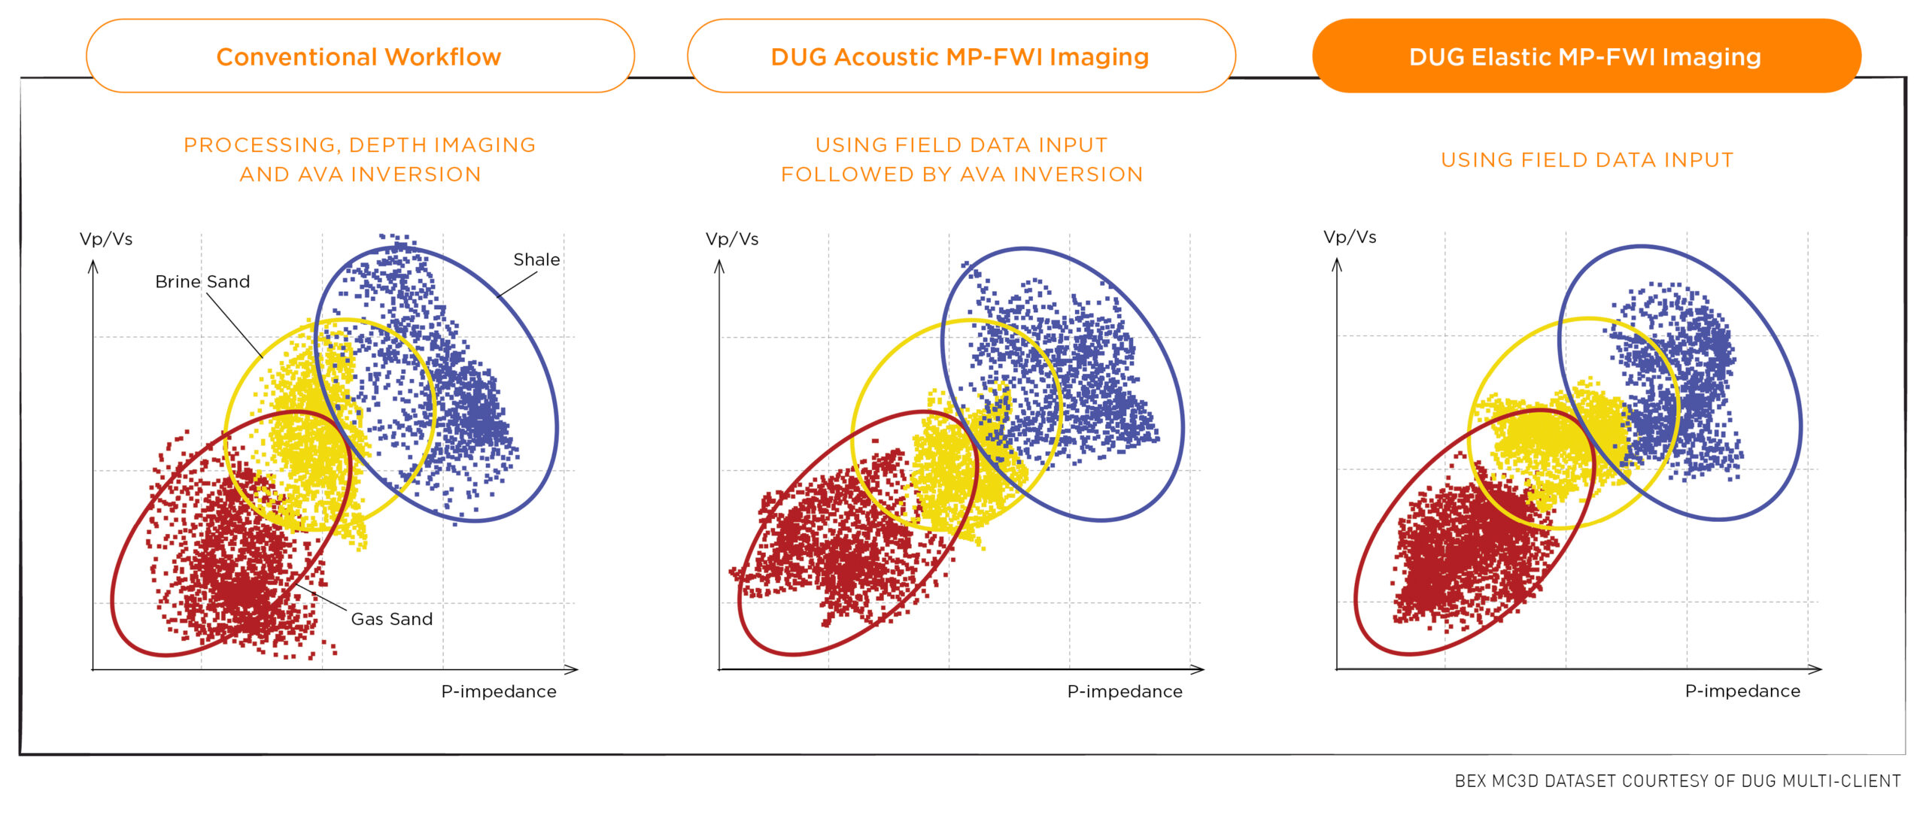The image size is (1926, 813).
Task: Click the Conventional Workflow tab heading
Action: tap(359, 57)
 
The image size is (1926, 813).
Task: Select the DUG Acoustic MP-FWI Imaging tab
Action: tap(961, 56)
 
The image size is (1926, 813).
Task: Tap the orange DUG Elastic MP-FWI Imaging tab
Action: tap(1586, 56)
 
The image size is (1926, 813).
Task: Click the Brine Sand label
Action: tap(202, 282)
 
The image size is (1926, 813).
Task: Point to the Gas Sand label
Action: tap(392, 619)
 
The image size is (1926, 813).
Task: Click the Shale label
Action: tap(536, 259)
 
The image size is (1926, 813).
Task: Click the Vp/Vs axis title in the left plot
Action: tap(106, 239)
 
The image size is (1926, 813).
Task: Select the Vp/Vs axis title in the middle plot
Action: tap(732, 239)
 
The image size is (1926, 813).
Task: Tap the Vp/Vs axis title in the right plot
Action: tap(1350, 237)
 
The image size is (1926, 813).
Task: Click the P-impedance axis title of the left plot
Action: tap(499, 691)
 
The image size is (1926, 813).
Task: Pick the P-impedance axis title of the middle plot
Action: tap(1125, 691)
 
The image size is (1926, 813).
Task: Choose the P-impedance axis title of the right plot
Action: tap(1742, 690)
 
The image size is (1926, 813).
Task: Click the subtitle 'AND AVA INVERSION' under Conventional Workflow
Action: tap(360, 174)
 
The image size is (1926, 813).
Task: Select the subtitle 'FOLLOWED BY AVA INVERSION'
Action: tap(961, 174)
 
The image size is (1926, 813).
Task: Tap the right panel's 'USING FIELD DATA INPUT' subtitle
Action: tap(1587, 160)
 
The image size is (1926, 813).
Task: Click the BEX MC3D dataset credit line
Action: tap(1678, 781)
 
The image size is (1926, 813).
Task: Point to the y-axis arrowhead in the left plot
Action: tap(93, 267)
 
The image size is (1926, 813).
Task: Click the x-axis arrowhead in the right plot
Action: tap(1815, 668)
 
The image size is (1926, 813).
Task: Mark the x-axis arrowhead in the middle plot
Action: tap(1197, 669)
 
